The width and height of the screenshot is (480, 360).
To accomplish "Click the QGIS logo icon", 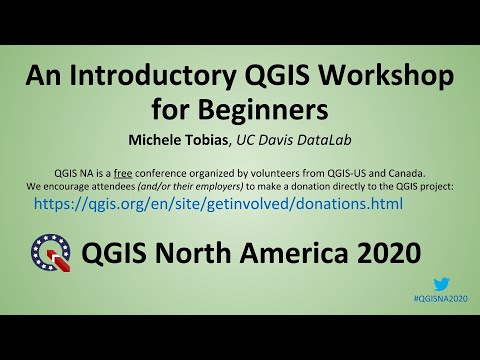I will tap(51, 251).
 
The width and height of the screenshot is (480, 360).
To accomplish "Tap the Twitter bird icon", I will tap(441, 285).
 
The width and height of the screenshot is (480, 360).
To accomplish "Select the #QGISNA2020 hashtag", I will tap(439, 299).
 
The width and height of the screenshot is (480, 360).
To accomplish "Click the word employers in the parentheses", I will tap(246, 186).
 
